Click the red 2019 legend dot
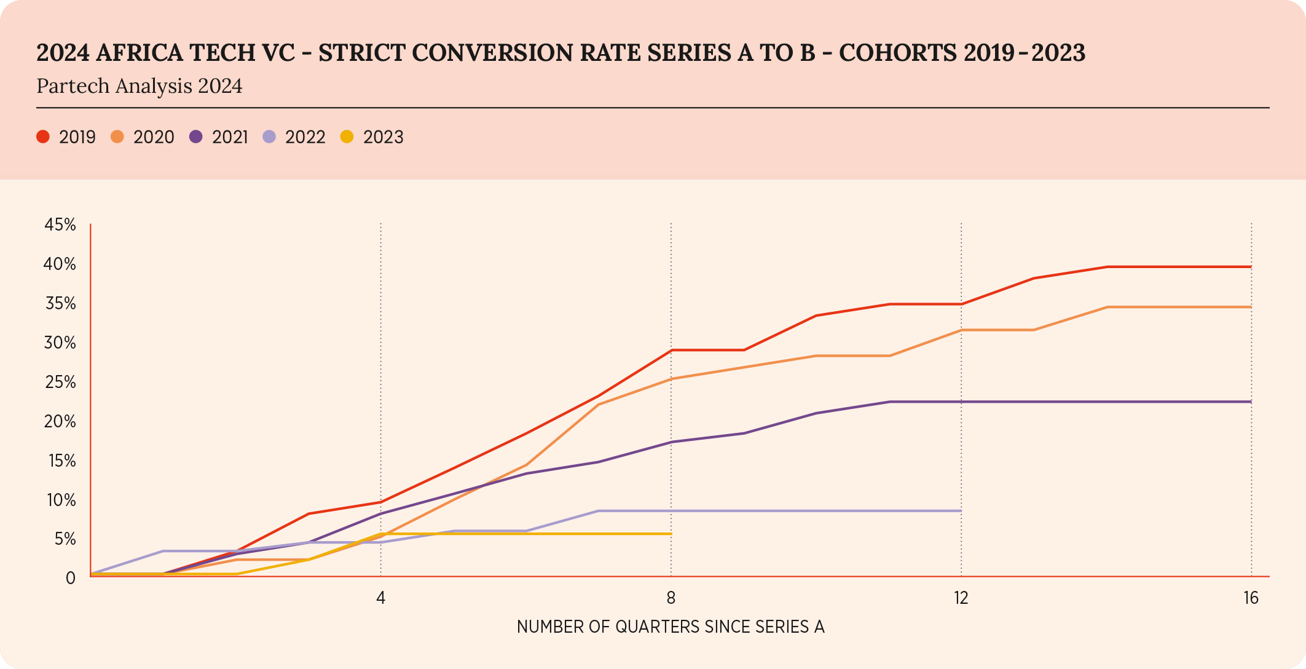[43, 137]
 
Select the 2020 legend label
[154, 137]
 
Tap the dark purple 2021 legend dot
[196, 137]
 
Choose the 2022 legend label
[305, 137]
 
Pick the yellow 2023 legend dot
[347, 137]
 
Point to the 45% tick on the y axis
[60, 225]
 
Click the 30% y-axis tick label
[60, 343]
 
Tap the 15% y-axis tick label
[62, 461]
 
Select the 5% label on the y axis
[65, 539]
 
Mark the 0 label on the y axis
[71, 578]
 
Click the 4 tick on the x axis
[381, 598]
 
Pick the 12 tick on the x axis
[961, 598]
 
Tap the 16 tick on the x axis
[1251, 598]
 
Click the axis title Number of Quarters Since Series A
[671, 627]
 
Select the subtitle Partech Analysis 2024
[140, 86]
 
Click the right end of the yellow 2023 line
[671, 534]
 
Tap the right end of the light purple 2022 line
[961, 511]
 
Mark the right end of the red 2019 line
[1251, 267]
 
